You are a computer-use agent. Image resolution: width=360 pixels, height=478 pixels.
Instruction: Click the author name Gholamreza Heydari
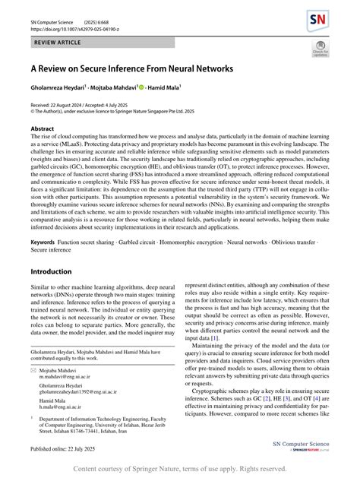click(58, 88)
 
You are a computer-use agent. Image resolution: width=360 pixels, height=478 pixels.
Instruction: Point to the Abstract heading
click(42, 129)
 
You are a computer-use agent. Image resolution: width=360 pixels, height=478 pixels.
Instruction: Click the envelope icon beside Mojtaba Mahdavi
click(33, 369)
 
